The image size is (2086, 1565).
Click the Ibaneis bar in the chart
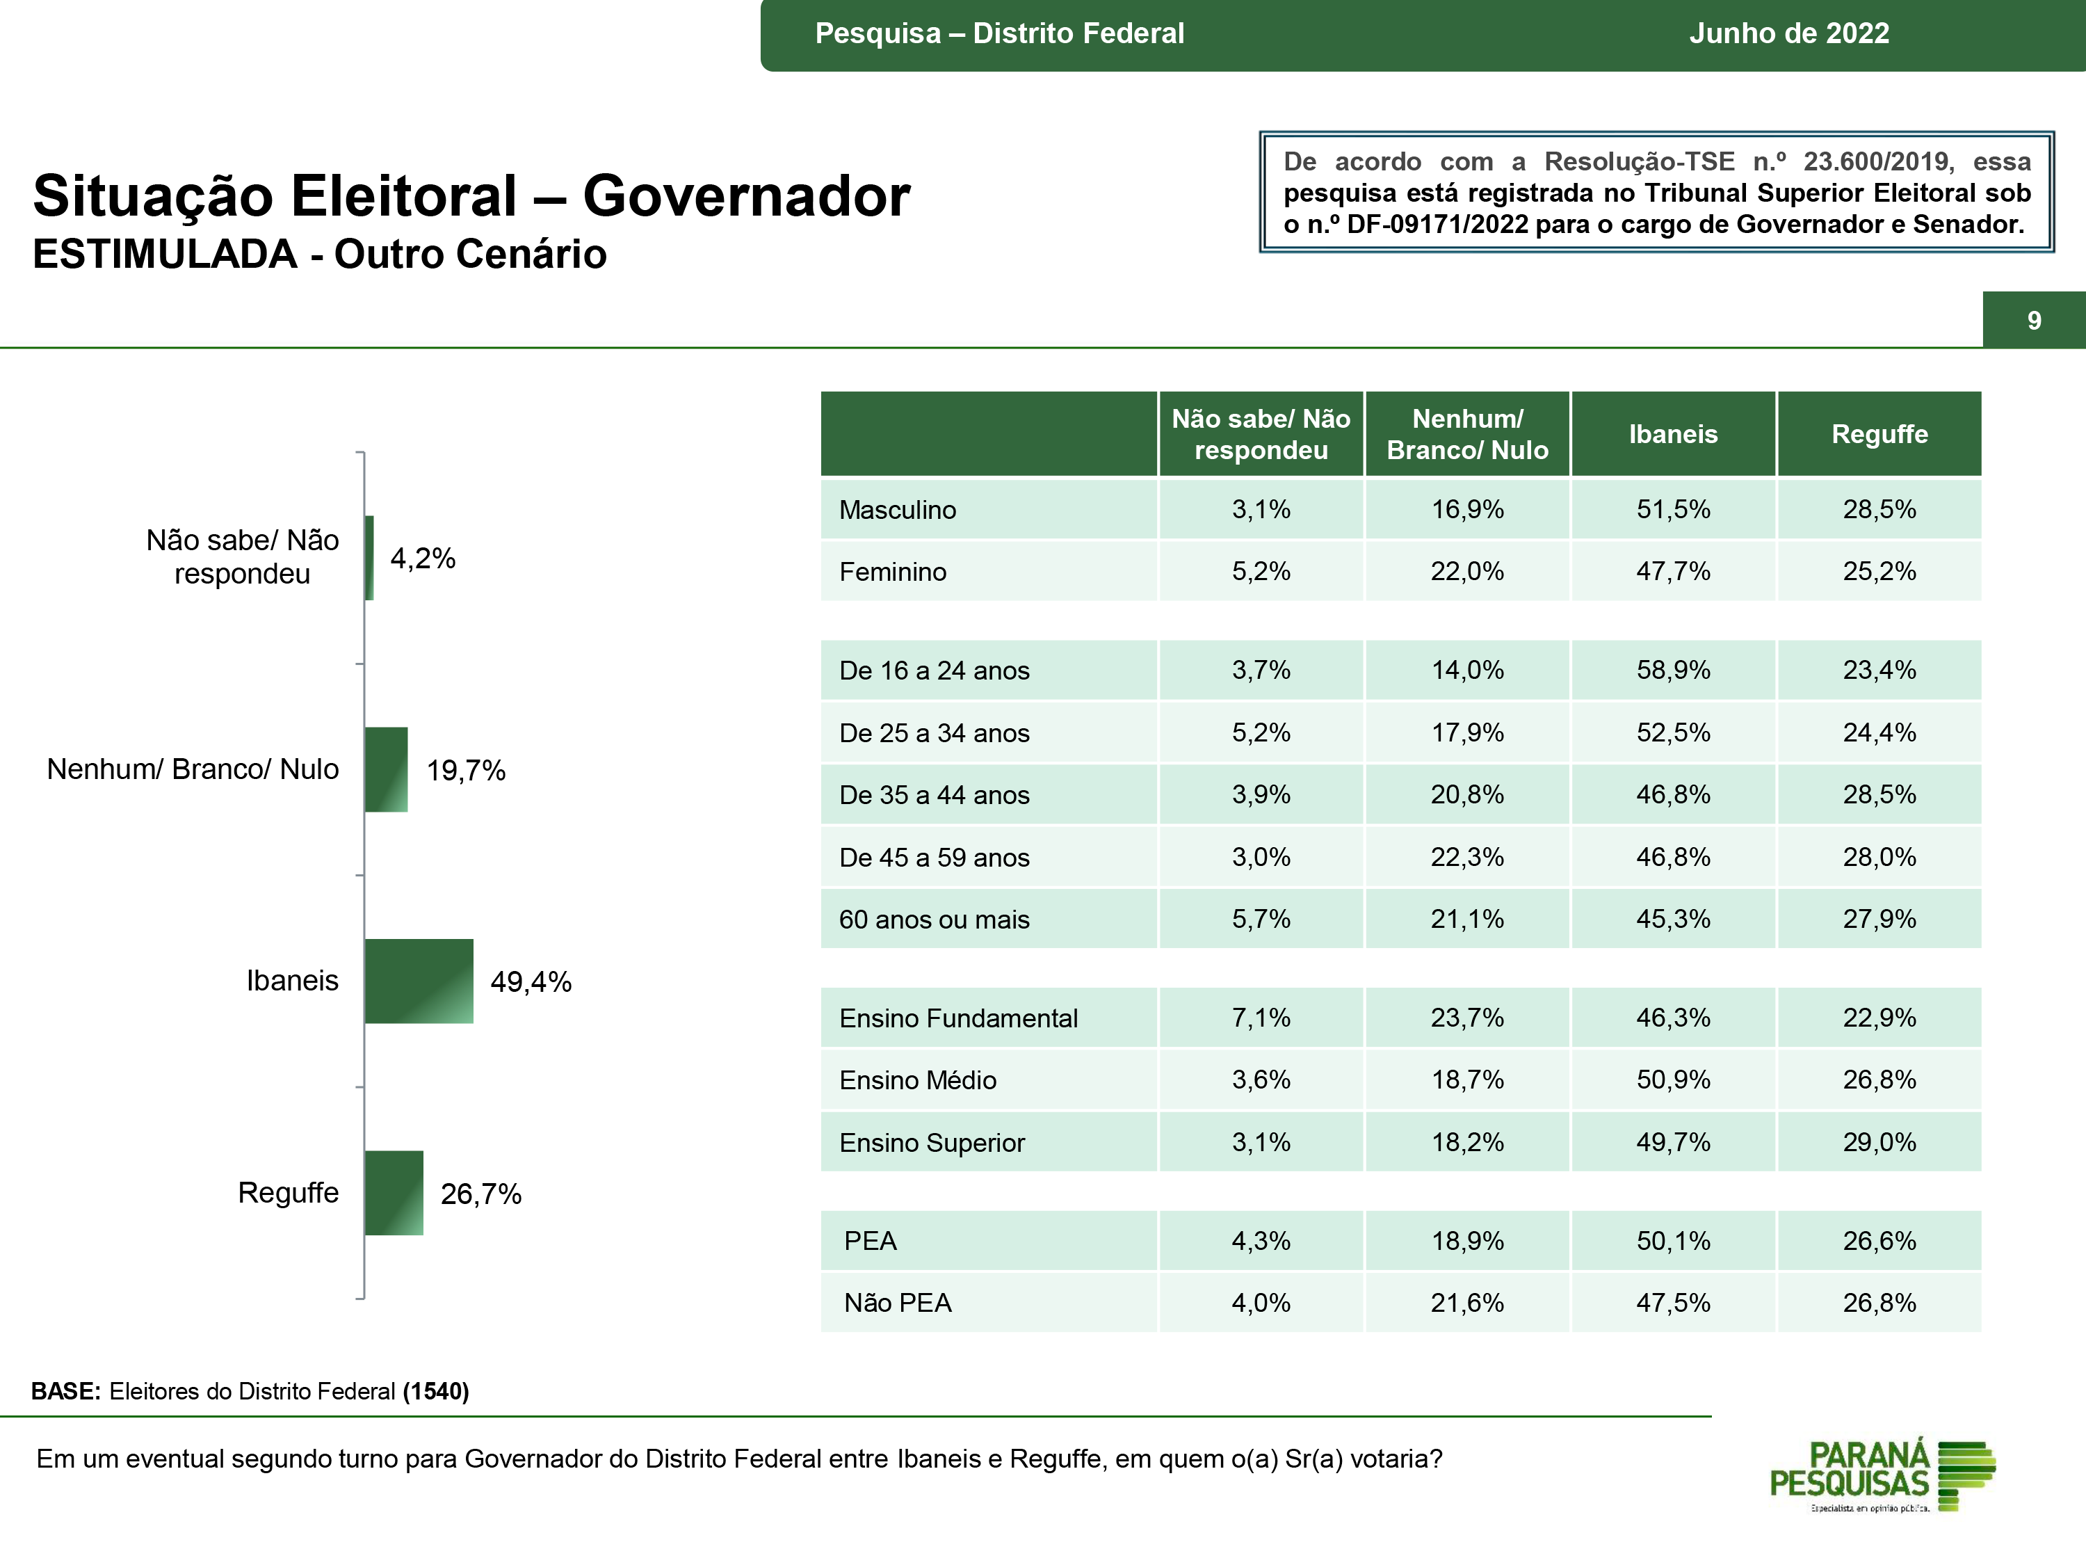tap(419, 981)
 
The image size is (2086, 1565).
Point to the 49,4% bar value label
tap(531, 982)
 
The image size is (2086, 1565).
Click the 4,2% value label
tap(423, 559)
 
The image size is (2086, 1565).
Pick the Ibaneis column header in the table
tap(1673, 434)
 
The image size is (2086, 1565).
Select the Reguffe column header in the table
tap(1879, 434)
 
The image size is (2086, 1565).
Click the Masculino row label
tap(897, 509)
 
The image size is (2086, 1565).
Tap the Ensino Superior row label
tap(932, 1142)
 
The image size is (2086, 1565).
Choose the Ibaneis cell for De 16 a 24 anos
tap(1673, 670)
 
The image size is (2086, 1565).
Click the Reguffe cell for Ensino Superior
tap(1879, 1142)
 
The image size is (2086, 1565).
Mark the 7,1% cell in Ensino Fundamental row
tap(1261, 1018)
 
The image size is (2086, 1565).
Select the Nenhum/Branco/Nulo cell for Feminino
tap(1467, 572)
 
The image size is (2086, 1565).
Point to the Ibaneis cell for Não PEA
tap(1673, 1303)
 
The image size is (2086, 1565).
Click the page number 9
tap(2034, 321)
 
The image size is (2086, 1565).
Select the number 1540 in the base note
tap(436, 1391)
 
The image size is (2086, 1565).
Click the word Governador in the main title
tap(746, 196)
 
